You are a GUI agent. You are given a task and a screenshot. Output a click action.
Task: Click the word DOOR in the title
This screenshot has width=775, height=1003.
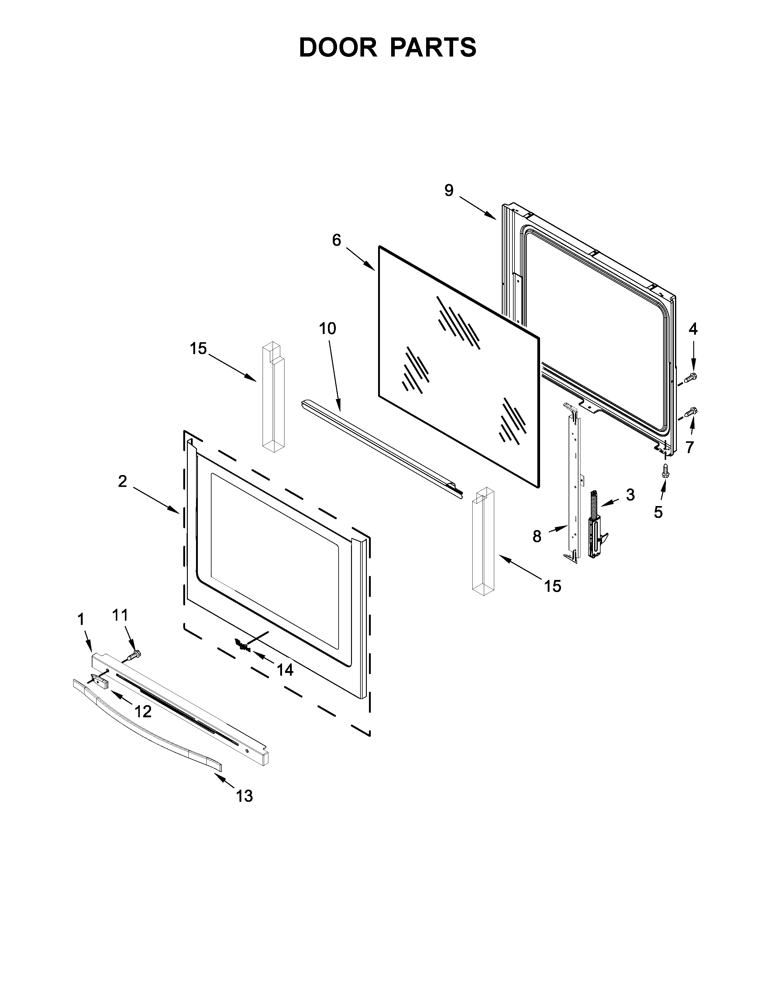[338, 47]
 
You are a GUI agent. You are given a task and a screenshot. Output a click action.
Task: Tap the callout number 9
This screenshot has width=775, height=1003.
[449, 190]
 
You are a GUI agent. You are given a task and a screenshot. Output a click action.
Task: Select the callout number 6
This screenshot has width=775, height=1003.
[336, 240]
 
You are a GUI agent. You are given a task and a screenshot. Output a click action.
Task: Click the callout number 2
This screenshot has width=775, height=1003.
[122, 481]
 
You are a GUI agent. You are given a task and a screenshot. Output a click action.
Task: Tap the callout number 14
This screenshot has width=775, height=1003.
[285, 670]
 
